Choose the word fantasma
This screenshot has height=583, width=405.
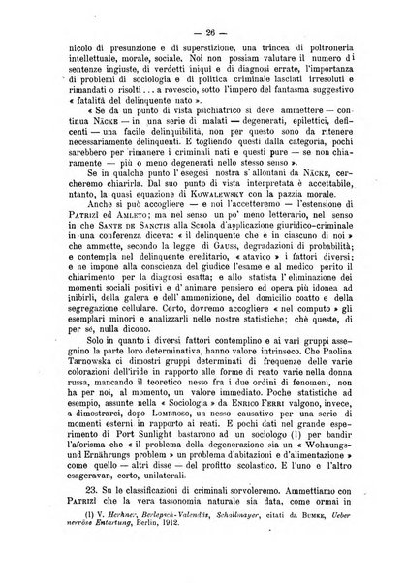pos(289,105)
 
